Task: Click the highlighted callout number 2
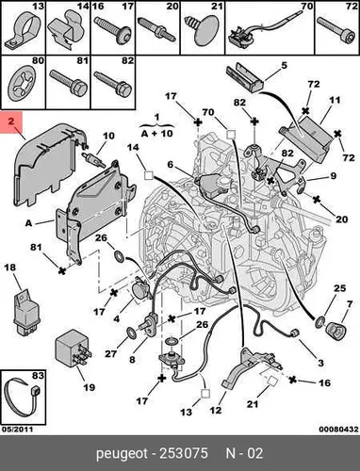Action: pos(11,122)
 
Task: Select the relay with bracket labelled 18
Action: pos(26,311)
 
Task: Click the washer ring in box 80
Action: pos(22,84)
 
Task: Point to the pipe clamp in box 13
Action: pos(22,31)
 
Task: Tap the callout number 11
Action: pos(335,101)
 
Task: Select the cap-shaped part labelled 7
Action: pos(335,332)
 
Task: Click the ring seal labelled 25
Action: pos(320,321)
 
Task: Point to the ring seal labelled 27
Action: pos(131,333)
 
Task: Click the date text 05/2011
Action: pos(17,429)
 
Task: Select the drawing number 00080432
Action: pos(338,429)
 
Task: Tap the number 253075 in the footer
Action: pos(184,453)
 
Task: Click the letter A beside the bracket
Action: pos(28,223)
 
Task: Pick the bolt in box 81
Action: pos(69,83)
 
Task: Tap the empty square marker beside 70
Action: pos(231,135)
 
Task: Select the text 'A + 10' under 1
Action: pos(157,134)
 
